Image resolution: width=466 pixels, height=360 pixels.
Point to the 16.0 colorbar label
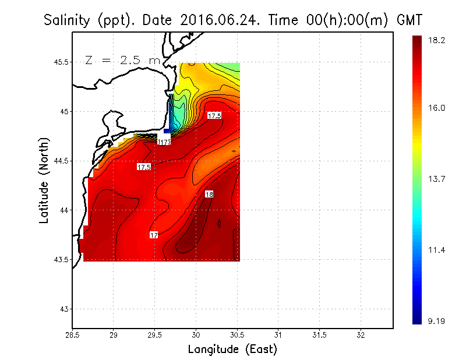[436, 108]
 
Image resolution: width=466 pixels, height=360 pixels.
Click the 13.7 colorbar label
[436, 179]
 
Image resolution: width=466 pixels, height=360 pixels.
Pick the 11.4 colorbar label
[436, 250]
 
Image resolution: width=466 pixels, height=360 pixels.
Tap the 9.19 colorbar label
[436, 321]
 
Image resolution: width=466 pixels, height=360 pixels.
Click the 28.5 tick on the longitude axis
[72, 336]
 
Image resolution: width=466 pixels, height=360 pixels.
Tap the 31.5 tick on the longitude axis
[319, 336]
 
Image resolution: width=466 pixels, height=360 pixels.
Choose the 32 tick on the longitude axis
[361, 336]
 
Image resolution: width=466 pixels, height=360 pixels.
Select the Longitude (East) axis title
[232, 350]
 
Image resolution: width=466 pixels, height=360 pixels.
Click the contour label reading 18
[209, 194]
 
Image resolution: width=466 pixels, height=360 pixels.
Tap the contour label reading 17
[154, 235]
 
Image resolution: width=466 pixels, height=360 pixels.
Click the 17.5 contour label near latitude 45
[214, 116]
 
